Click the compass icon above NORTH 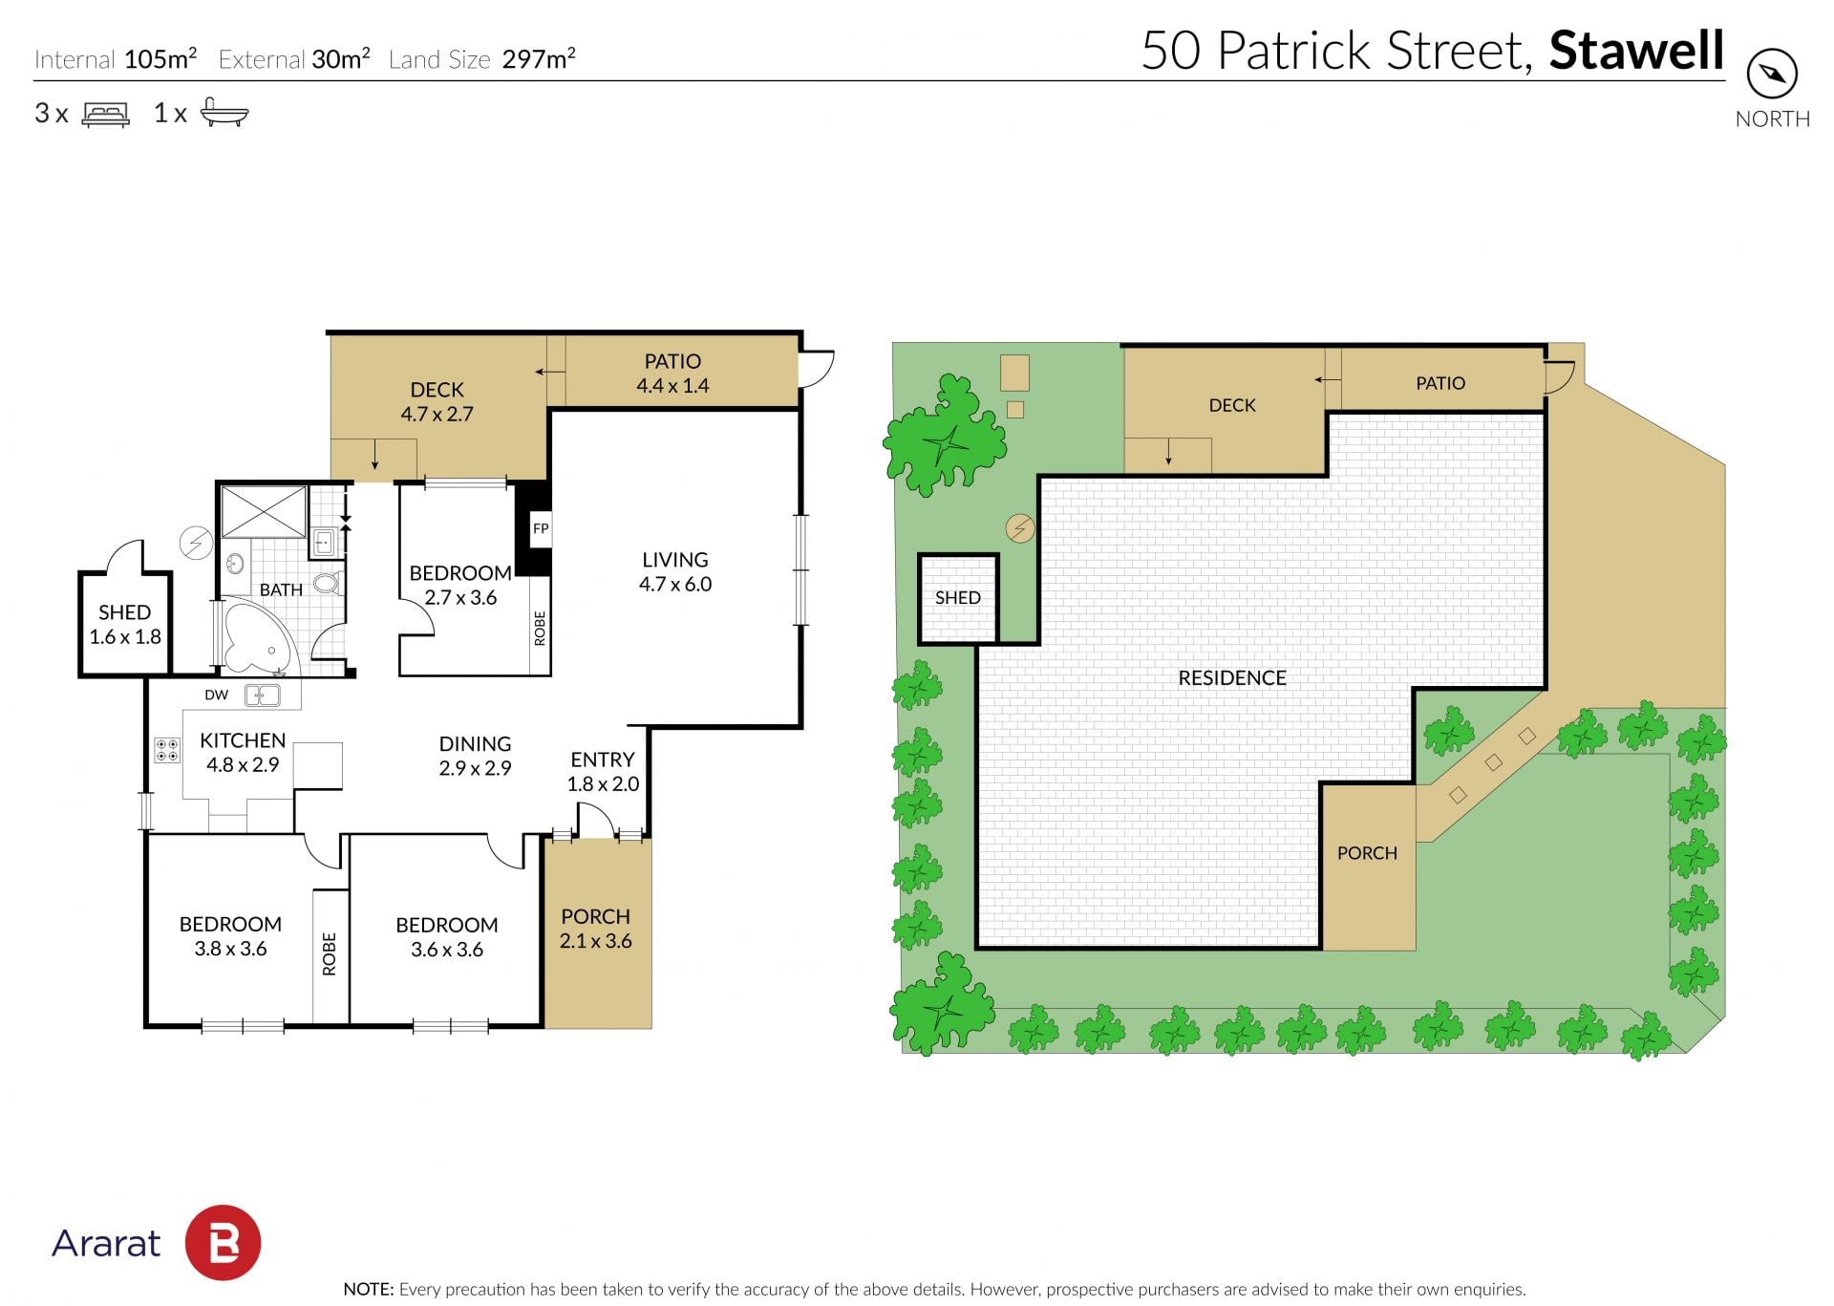coord(1772,74)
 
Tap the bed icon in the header coord(105,115)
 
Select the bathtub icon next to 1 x coord(224,114)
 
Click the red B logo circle coord(223,1243)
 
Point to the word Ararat coord(106,1243)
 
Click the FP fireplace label coord(541,528)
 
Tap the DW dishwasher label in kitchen coord(217,695)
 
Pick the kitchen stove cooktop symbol coord(167,750)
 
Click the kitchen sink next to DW coord(262,696)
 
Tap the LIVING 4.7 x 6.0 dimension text coord(675,584)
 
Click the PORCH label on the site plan coord(1367,853)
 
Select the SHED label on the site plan coord(958,598)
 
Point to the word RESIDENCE coord(1232,678)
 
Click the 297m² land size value coord(539,58)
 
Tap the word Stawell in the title coord(1636,51)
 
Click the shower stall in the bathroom coord(264,512)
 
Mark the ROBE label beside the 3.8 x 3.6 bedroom coord(330,953)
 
